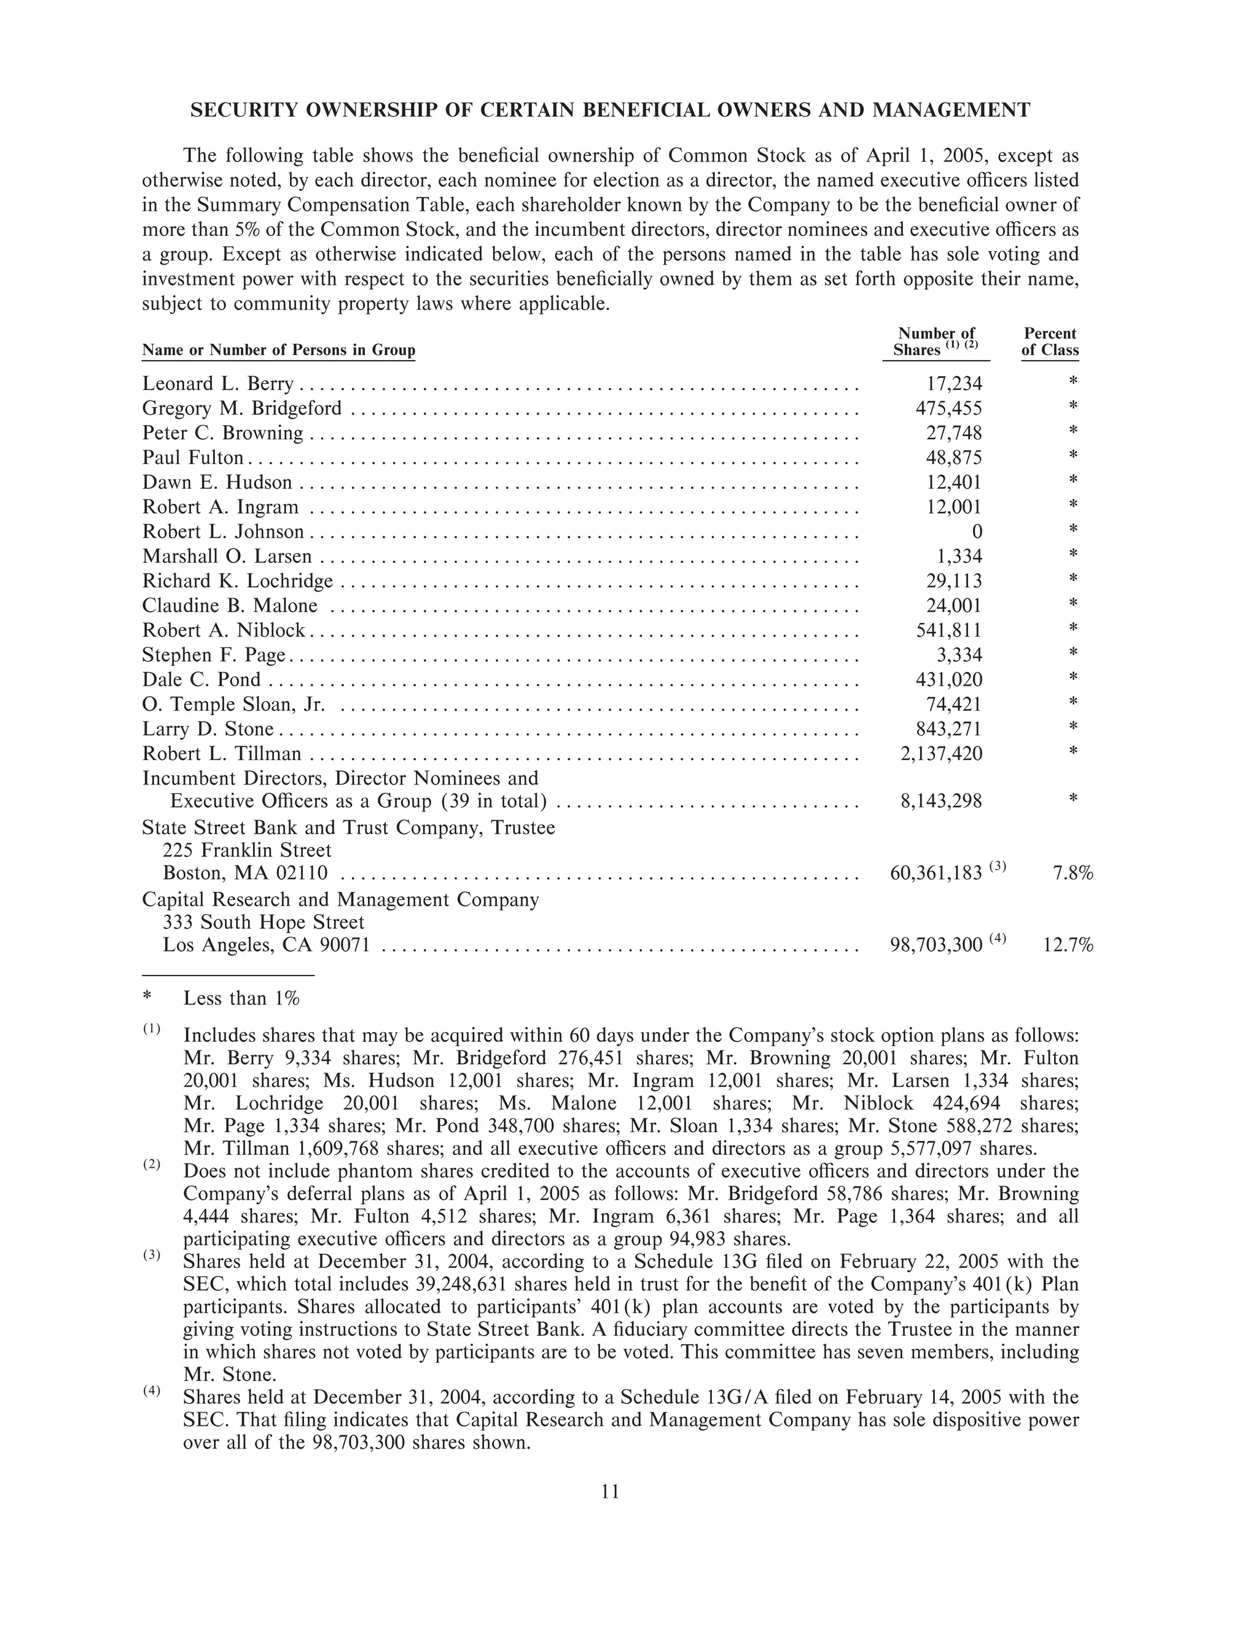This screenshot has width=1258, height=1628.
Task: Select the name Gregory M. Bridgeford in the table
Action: [242, 409]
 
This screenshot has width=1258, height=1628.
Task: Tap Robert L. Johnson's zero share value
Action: [977, 531]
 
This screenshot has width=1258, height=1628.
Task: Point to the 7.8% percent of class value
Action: [1072, 873]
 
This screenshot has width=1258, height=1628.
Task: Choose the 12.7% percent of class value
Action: [1068, 945]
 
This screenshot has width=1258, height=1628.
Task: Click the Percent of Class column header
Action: [1049, 342]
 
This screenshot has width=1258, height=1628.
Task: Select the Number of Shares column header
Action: [936, 342]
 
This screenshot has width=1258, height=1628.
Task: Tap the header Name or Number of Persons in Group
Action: [279, 350]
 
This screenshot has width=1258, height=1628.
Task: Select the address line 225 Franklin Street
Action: [248, 850]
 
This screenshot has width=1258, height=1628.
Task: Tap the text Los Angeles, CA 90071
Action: [266, 945]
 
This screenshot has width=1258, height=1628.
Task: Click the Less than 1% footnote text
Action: [241, 998]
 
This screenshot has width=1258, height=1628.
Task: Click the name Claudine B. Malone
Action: [230, 605]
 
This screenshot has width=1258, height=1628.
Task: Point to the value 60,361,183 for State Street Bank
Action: [936, 873]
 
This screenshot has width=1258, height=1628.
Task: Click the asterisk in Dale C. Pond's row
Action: [1073, 678]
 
